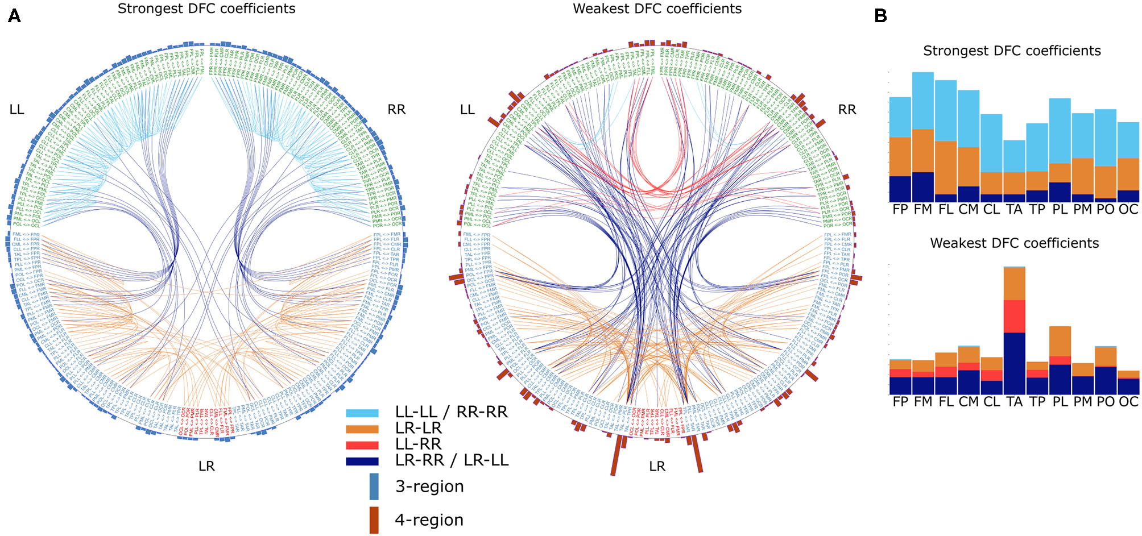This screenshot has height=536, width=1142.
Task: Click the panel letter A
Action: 14,16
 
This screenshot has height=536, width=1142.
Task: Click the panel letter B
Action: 880,16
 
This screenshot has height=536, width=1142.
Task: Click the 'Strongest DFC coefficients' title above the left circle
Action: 206,9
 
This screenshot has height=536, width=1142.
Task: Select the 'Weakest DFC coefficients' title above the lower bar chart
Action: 1014,243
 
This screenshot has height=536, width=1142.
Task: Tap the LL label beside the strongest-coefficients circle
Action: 16,110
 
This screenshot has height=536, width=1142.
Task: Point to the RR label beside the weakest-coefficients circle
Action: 847,110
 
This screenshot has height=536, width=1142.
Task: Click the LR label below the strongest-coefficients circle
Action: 206,466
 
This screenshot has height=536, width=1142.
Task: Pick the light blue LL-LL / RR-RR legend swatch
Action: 362,413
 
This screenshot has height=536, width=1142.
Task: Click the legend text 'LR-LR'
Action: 418,428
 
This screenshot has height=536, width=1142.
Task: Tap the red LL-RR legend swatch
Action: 362,445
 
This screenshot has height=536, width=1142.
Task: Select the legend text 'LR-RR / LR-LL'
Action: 452,460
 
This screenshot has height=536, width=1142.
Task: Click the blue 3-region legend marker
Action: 374,487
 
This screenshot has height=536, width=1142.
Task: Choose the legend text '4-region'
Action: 429,520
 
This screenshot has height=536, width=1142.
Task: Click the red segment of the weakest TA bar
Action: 1014,316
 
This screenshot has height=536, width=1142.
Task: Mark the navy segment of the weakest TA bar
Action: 1014,363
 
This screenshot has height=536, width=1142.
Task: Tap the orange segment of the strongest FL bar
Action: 946,168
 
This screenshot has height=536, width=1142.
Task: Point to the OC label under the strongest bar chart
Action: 1128,209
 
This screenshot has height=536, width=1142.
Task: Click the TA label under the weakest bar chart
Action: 1014,402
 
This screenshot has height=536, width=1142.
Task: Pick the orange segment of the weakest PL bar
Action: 1060,341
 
